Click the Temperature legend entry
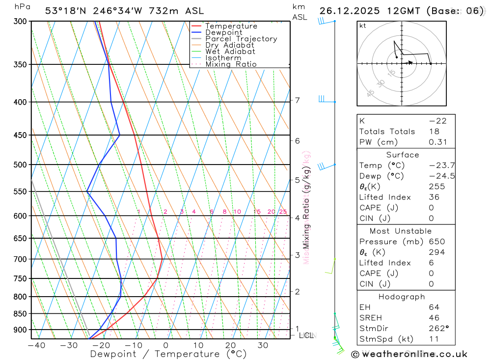(x=231, y=26)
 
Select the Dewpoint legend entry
(x=223, y=32)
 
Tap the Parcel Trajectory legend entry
(x=241, y=39)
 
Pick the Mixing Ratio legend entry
(x=231, y=64)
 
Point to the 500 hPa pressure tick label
(x=20, y=165)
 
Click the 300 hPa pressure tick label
(x=20, y=22)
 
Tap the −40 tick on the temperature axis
(x=36, y=345)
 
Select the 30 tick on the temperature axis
(x=263, y=345)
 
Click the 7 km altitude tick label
(x=297, y=101)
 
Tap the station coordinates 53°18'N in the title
(x=66, y=11)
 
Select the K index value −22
(x=437, y=121)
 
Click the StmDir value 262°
(x=436, y=329)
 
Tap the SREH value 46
(x=435, y=318)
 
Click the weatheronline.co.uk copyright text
(x=409, y=354)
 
